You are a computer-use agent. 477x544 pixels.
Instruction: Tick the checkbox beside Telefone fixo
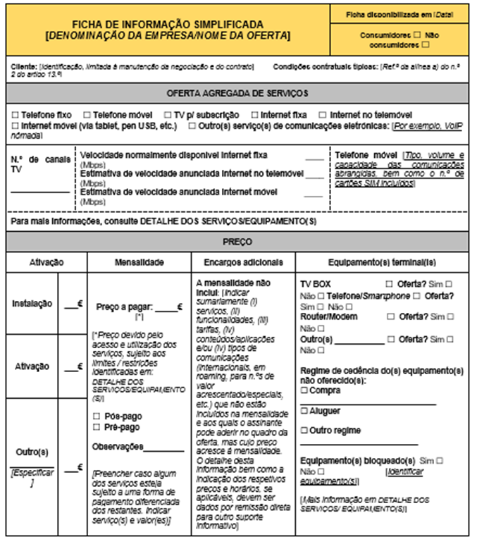(16, 114)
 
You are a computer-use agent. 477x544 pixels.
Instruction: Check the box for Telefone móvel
(87, 114)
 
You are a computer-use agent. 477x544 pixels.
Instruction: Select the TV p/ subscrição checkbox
(168, 114)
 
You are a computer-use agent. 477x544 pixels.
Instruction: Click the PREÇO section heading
(237, 242)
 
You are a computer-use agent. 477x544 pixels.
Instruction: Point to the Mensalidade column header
(139, 261)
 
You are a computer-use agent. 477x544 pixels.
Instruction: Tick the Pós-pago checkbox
(97, 416)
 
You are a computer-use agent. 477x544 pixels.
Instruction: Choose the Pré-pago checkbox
(97, 427)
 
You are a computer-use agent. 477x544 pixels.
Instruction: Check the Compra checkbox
(304, 390)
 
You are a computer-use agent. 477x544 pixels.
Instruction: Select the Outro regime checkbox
(304, 431)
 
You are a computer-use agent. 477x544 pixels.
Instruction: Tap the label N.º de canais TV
(40, 164)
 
